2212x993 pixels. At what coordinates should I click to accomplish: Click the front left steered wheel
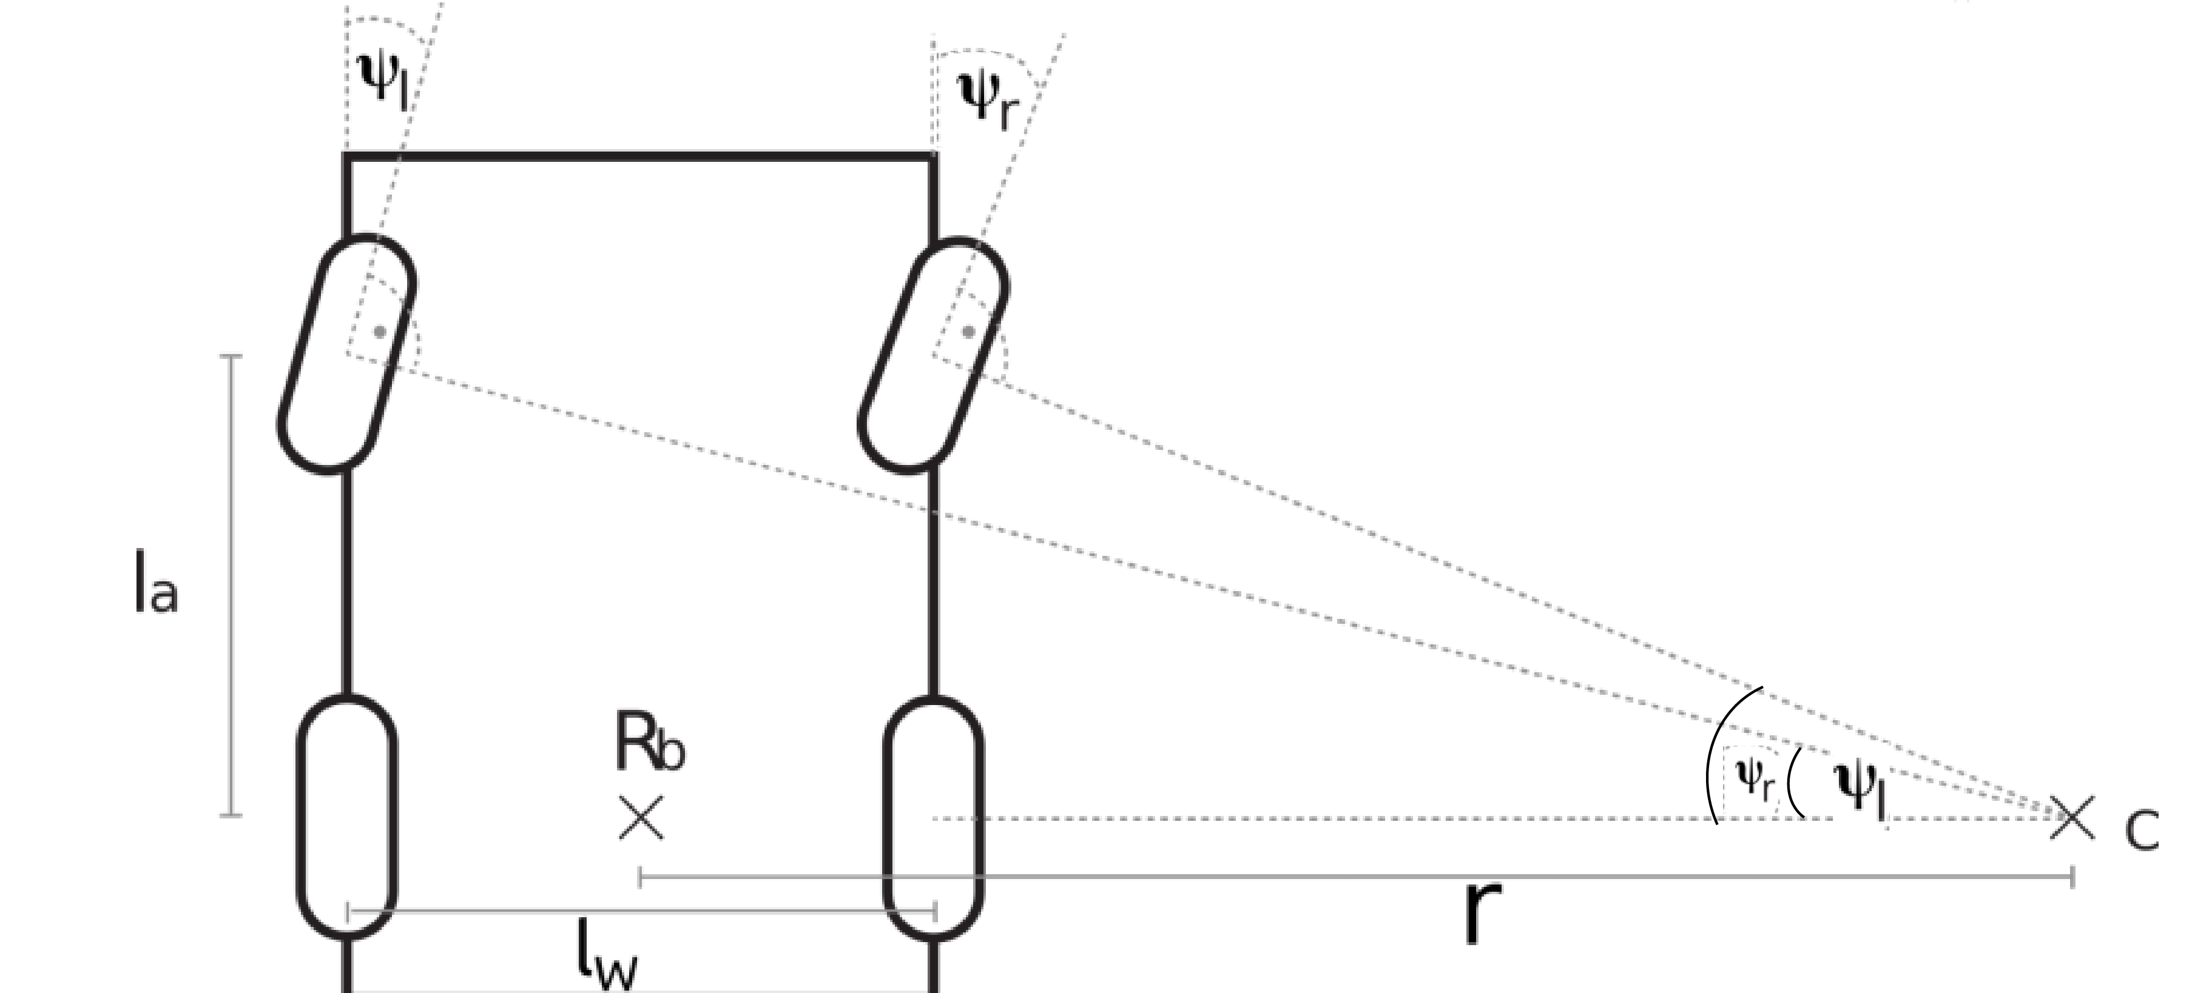pos(346,353)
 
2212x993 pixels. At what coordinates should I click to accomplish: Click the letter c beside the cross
pos(2142,829)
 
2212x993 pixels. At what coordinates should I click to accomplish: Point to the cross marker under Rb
pos(641,817)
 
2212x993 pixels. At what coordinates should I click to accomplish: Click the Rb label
pos(649,743)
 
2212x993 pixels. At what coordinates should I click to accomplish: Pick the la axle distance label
pos(155,584)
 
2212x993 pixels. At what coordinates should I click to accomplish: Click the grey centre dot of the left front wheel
pos(380,331)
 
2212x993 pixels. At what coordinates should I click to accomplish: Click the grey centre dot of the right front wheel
pos(969,331)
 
